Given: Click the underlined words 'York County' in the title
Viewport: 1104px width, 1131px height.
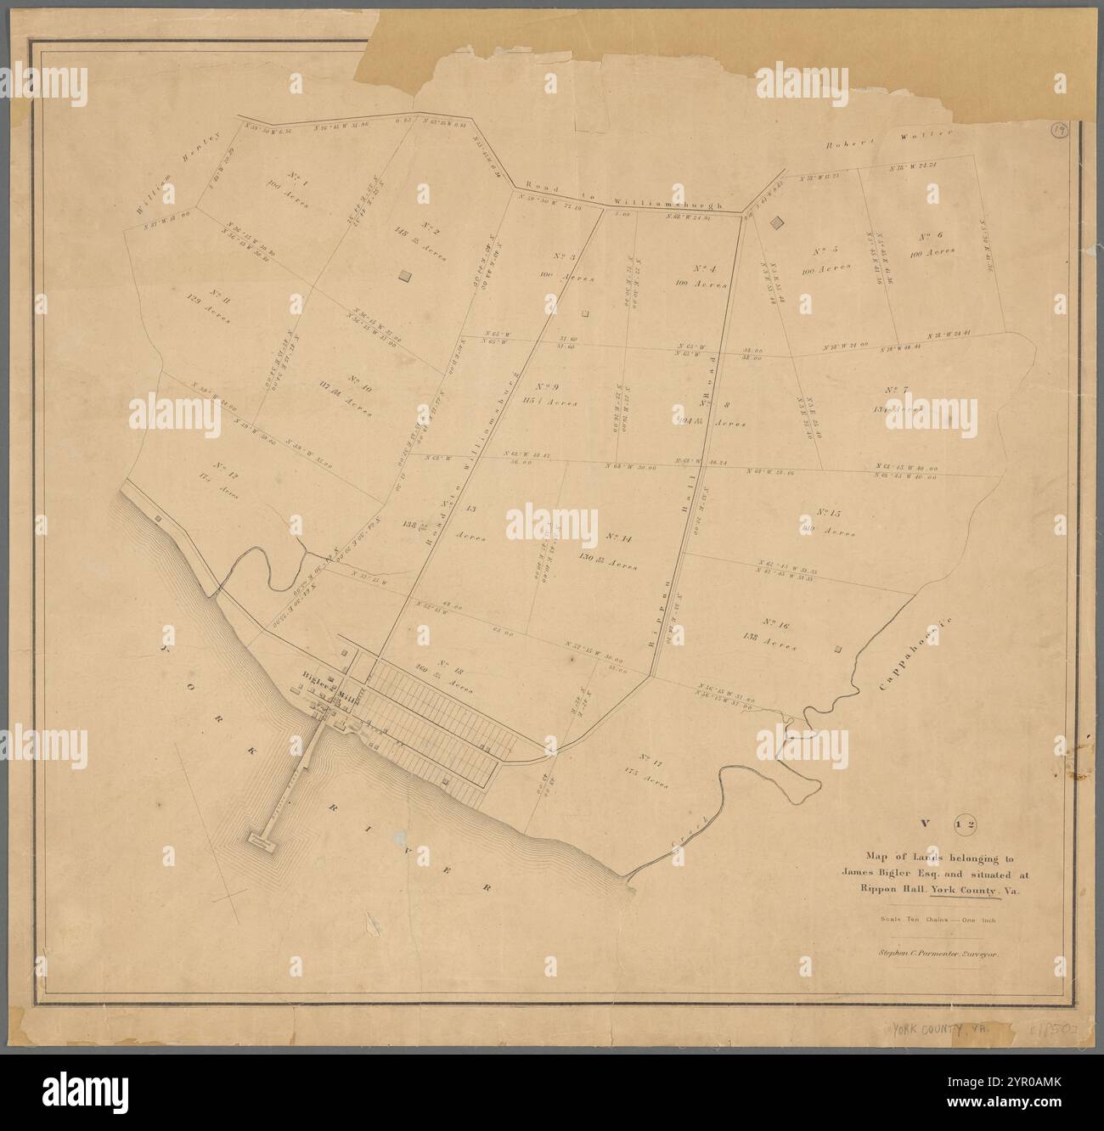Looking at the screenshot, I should (x=965, y=891).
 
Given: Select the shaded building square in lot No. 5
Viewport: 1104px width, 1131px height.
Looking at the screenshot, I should (x=774, y=222).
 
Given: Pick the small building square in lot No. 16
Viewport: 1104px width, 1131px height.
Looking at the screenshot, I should (x=839, y=650).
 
